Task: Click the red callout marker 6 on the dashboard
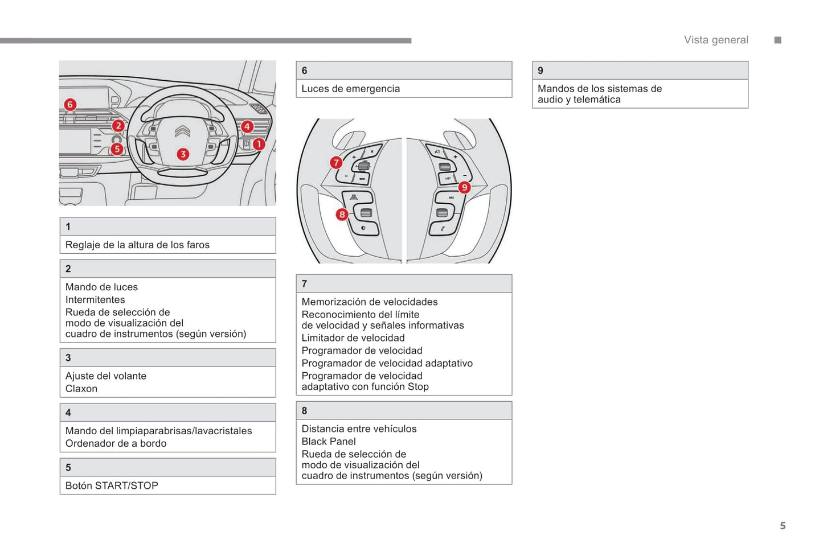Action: click(70, 104)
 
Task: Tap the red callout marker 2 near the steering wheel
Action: click(118, 126)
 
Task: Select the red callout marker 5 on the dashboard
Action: click(117, 149)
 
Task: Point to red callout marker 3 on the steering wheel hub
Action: click(182, 154)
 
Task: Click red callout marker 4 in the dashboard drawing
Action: click(247, 127)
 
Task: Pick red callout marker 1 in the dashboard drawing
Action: click(259, 144)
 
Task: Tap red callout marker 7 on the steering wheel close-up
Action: click(336, 162)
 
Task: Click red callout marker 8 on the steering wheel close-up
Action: click(342, 214)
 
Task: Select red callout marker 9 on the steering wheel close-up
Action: click(464, 187)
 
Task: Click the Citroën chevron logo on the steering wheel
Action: click(182, 131)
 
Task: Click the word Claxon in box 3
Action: click(81, 389)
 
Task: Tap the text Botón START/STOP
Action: click(112, 485)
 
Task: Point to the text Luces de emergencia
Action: click(350, 89)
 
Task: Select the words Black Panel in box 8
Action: click(329, 442)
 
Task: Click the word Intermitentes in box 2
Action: click(95, 300)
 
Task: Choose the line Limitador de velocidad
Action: click(353, 338)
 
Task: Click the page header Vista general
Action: click(716, 40)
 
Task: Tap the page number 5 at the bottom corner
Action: click(783, 526)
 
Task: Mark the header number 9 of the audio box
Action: click(541, 71)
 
